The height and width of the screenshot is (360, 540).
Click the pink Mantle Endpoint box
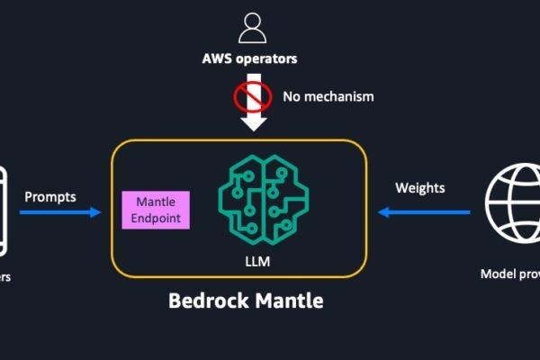click(x=157, y=210)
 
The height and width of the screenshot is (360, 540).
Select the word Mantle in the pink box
click(x=157, y=202)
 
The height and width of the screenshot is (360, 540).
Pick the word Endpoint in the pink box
click(x=157, y=218)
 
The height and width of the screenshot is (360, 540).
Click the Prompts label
click(x=50, y=196)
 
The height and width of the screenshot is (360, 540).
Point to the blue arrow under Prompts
click(x=59, y=213)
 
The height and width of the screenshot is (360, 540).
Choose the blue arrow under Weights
click(x=424, y=213)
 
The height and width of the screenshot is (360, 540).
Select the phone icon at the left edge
click(x=4, y=209)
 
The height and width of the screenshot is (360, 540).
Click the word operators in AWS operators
click(x=266, y=61)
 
